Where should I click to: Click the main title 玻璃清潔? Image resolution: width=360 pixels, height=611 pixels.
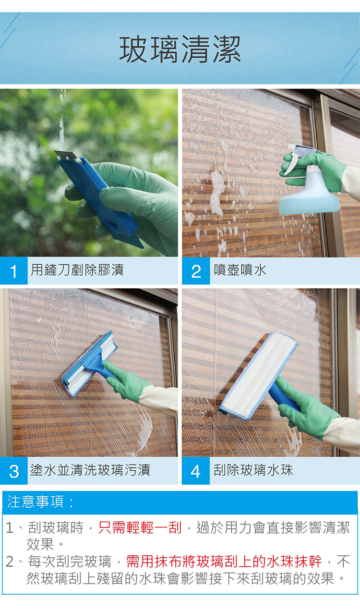pyautogui.click(x=180, y=49)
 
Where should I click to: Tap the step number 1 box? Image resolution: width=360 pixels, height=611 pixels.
pyautogui.click(x=13, y=270)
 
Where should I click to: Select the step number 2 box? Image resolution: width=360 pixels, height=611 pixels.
pyautogui.click(x=196, y=271)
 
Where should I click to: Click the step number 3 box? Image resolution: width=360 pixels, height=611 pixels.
pyautogui.click(x=13, y=471)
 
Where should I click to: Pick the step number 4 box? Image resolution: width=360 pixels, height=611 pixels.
pyautogui.click(x=196, y=471)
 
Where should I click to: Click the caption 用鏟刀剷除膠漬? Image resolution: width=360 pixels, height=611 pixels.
pyautogui.click(x=77, y=270)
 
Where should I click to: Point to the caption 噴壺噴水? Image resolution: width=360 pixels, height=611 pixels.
pyautogui.click(x=240, y=270)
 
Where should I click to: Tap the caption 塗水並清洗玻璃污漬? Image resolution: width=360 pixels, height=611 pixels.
pyautogui.click(x=90, y=470)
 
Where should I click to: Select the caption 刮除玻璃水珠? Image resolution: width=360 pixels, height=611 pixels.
pyautogui.click(x=253, y=470)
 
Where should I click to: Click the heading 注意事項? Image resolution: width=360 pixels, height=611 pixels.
pyautogui.click(x=40, y=501)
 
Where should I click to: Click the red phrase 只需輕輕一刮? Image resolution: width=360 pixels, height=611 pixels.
pyautogui.click(x=140, y=527)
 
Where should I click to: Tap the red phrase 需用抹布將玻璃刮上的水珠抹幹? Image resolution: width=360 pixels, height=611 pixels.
pyautogui.click(x=224, y=561)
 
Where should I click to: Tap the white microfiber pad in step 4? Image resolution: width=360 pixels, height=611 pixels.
pyautogui.click(x=258, y=376)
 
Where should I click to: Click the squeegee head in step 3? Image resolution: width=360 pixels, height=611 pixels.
pyautogui.click(x=90, y=364)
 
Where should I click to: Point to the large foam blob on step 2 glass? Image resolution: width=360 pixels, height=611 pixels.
pyautogui.click(x=217, y=192)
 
